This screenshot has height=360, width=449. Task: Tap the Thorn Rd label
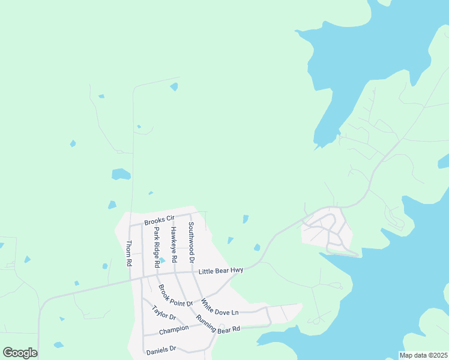[x=128, y=254]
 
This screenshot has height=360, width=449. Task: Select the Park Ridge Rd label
[x=157, y=247]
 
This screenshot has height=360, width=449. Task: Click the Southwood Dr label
[x=191, y=243]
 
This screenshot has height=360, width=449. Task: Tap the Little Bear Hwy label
[x=221, y=271]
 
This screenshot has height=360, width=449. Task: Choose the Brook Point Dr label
[x=175, y=295]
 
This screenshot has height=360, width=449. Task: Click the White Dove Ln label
[x=220, y=307]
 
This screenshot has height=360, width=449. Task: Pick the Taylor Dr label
[x=163, y=313]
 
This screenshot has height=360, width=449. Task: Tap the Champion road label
[x=173, y=330]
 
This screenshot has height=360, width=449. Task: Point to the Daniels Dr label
[x=160, y=349]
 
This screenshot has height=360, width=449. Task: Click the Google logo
[x=20, y=353]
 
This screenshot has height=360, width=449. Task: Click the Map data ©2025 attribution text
[x=424, y=355]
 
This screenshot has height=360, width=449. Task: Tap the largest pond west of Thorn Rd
[x=121, y=174]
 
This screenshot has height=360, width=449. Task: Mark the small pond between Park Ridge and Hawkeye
[x=162, y=260]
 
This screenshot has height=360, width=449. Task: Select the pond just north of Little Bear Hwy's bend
[x=257, y=247]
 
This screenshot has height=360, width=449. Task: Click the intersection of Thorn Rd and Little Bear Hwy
[x=130, y=279]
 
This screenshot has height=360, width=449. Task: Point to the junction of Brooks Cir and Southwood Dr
[x=191, y=214]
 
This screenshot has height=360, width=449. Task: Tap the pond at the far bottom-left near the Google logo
[x=58, y=345]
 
